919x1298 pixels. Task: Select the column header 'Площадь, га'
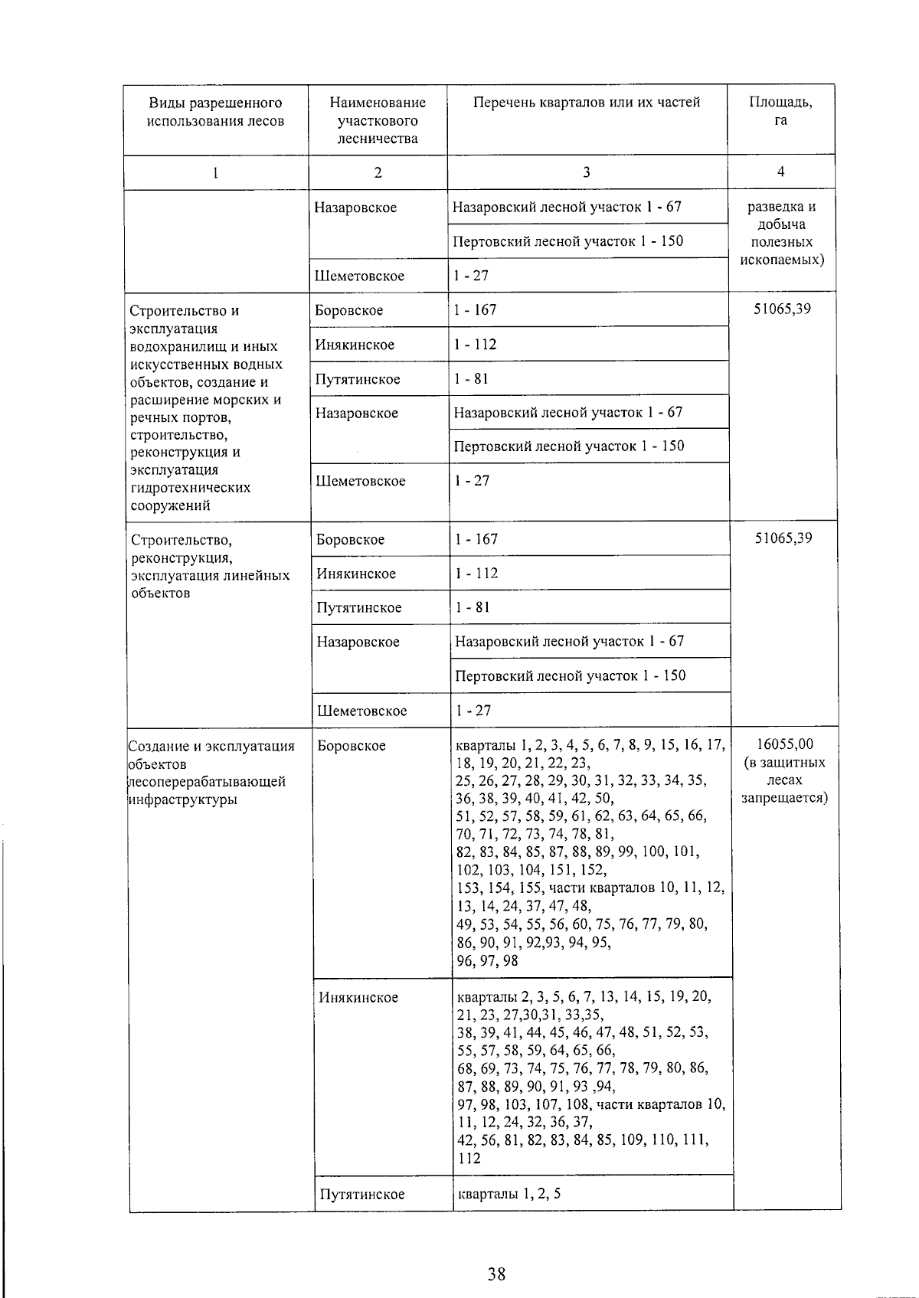point(780,112)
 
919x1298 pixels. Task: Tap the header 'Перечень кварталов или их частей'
point(586,103)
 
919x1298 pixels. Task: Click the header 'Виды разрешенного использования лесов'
point(215,112)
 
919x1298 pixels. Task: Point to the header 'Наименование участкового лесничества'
point(378,120)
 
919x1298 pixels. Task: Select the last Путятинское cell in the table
point(361,1194)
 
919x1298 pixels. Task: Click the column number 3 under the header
point(586,172)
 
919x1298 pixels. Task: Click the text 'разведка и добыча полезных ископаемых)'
point(781,233)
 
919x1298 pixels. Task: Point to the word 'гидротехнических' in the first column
point(191,488)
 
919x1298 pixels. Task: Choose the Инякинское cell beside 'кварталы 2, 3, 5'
point(358,997)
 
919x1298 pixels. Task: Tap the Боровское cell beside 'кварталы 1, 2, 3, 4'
point(352,745)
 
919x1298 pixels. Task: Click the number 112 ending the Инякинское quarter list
point(469,1158)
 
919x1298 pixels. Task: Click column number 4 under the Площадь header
point(780,172)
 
